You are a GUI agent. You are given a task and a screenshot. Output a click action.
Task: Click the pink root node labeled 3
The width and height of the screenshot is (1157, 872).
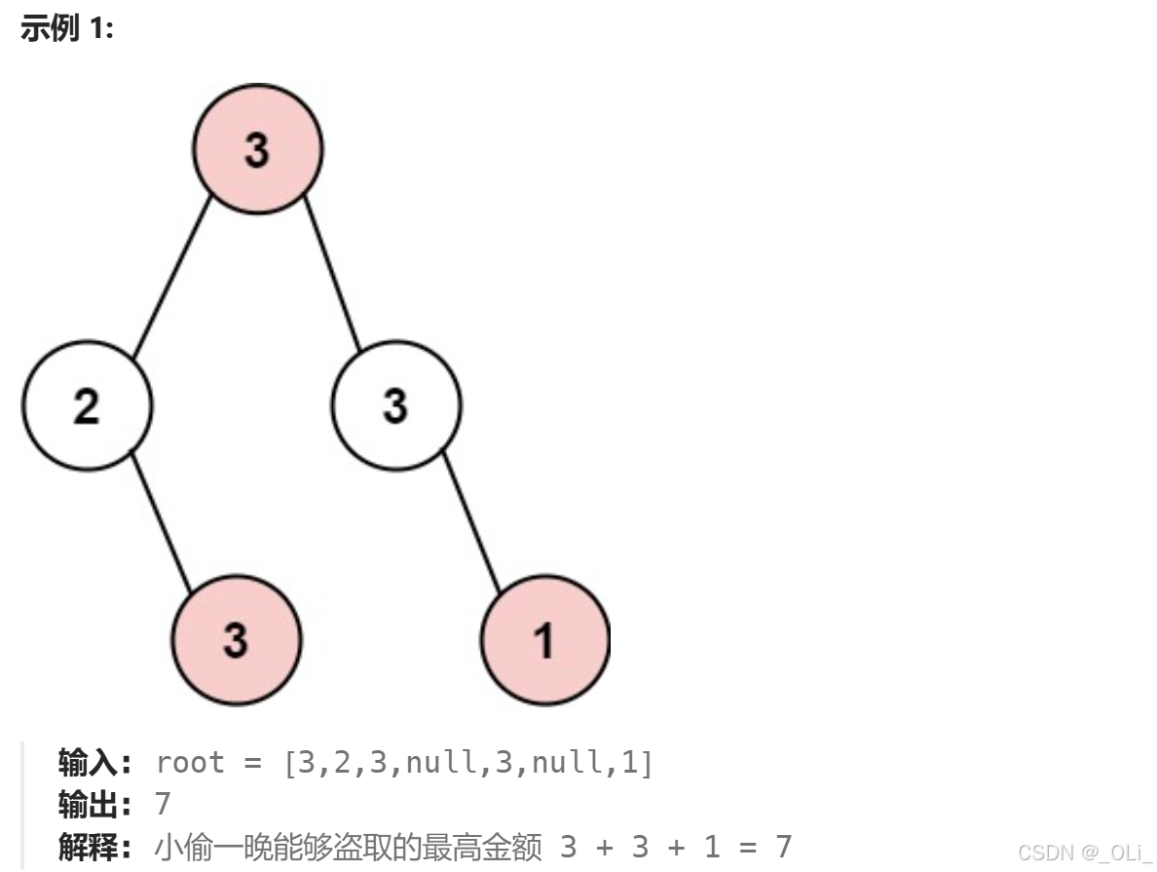coord(257,149)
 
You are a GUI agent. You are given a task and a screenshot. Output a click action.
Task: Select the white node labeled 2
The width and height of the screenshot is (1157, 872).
coord(87,405)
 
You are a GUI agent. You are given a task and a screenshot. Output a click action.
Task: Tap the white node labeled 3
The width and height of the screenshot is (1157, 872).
coord(395,405)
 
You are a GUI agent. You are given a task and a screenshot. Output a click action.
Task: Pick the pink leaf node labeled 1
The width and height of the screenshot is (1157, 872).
coord(544,639)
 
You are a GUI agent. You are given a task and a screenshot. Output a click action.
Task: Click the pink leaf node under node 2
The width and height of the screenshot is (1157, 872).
coord(237,639)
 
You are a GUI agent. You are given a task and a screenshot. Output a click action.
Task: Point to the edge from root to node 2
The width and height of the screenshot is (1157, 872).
coord(172,277)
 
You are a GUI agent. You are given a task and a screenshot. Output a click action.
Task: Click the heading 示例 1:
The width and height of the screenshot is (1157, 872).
coord(67,29)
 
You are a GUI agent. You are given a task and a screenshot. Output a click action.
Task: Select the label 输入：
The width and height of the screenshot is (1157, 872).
coord(94,763)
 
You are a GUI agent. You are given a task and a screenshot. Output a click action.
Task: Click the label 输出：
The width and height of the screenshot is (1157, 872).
coord(94,805)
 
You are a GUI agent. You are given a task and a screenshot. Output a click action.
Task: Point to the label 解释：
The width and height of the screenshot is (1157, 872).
coord(94,847)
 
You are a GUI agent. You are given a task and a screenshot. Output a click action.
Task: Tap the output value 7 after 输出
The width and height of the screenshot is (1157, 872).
coord(163,805)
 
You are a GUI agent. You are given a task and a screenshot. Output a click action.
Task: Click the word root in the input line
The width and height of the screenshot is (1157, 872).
coord(190,763)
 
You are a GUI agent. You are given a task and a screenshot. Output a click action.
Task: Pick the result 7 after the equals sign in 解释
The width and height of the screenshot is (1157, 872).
coord(782,847)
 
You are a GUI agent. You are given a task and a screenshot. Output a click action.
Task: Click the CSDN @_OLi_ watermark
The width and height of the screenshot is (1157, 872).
coord(1083,853)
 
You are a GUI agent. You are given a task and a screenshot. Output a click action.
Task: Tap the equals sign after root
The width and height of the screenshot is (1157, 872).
coord(252,763)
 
